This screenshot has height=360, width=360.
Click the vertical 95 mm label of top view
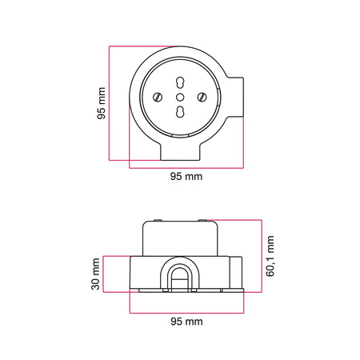click(102, 103)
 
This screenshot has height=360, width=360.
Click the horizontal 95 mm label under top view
click(186, 176)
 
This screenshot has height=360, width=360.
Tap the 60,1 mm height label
click(270, 256)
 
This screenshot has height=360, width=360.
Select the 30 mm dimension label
click(95, 274)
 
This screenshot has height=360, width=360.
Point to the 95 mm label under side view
click(186, 322)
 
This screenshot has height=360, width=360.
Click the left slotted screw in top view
click(158, 97)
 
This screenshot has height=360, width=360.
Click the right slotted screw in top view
click(202, 97)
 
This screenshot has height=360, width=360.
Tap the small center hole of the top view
click(180, 97)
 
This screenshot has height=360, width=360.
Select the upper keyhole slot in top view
click(180, 82)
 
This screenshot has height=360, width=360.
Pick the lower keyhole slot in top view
click(180, 112)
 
